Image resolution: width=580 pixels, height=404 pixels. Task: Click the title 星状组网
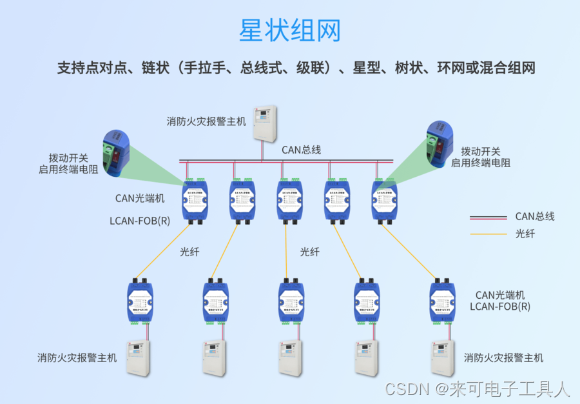click(289, 30)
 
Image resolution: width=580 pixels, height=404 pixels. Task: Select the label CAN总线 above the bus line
click(301, 150)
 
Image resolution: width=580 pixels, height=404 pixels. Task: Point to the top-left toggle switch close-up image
click(116, 152)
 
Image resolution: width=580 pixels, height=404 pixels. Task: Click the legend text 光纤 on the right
click(525, 234)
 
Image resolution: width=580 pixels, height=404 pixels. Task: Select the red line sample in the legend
click(488, 217)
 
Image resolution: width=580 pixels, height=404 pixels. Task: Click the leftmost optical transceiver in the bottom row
click(140, 302)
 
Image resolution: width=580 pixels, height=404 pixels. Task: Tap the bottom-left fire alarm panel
click(137, 358)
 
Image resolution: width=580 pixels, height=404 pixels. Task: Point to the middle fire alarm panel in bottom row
click(290, 358)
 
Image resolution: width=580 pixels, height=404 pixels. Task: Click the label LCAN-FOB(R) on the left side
click(140, 220)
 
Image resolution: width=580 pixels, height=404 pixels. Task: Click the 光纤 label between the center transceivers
click(309, 252)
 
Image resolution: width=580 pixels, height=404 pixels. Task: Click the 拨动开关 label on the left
click(68, 158)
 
